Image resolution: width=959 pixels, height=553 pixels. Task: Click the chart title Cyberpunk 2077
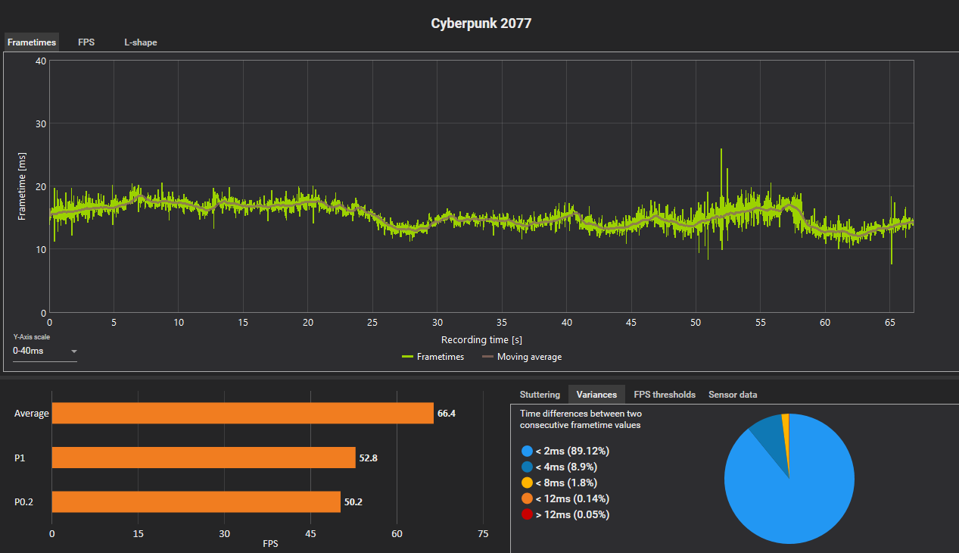[481, 23]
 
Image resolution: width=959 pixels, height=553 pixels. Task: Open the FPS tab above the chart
[86, 42]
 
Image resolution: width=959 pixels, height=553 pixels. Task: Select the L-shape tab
[141, 42]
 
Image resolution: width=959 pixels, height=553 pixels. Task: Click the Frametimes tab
[32, 42]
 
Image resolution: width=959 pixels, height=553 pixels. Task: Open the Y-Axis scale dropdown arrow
[74, 351]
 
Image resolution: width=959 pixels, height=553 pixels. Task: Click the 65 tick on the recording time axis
[889, 322]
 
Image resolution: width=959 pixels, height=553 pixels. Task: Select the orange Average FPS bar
[242, 413]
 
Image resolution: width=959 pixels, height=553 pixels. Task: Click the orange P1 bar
[203, 458]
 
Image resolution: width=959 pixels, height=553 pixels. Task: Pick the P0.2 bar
[196, 501]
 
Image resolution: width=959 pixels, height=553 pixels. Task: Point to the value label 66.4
[447, 414]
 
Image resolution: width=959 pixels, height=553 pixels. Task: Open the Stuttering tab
[540, 395]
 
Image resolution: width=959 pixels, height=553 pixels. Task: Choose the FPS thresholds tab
[665, 395]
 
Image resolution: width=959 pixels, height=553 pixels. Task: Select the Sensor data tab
[733, 395]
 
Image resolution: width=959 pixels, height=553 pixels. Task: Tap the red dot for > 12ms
[526, 514]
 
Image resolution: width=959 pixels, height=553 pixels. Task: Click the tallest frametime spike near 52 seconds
[721, 152]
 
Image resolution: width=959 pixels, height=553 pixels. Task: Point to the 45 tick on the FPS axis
[310, 534]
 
